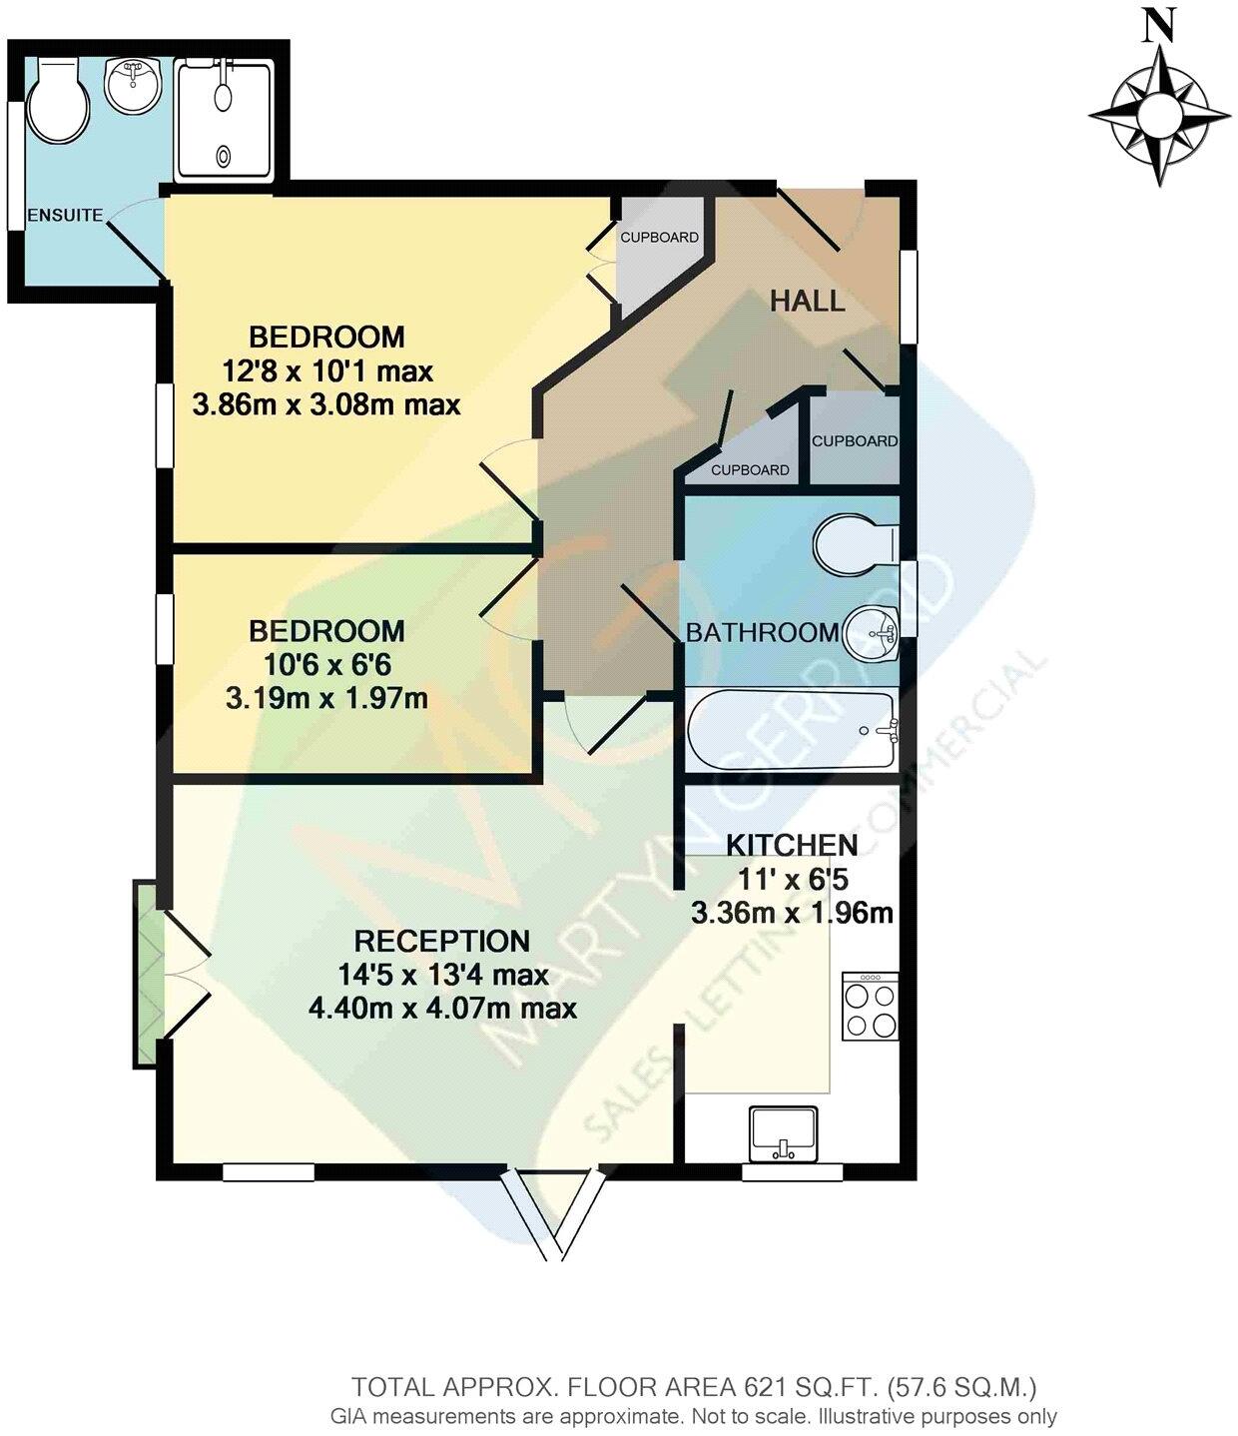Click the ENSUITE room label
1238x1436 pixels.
(65, 215)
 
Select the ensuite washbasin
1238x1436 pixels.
(133, 86)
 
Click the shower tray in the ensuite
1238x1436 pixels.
(225, 121)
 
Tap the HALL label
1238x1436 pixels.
(808, 301)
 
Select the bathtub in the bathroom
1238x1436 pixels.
(792, 731)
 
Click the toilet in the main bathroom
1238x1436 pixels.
(855, 545)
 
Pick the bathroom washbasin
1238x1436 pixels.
(872, 633)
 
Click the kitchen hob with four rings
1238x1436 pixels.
(870, 1007)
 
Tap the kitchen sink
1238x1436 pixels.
(783, 1134)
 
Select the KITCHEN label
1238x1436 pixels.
(792, 845)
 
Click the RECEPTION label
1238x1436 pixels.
(442, 941)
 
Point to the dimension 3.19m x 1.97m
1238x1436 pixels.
(326, 697)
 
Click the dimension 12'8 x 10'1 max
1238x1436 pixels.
(326, 371)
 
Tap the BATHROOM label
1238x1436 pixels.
(762, 632)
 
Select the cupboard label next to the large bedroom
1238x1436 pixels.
(659, 238)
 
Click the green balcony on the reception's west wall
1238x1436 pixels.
(147, 974)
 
